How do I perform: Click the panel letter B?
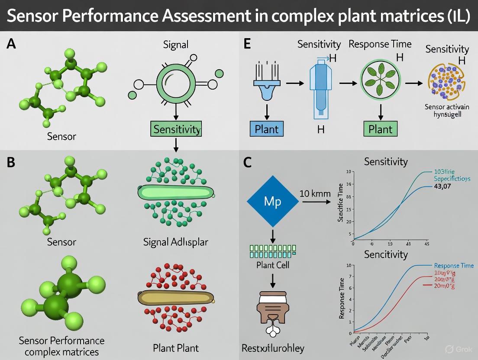point(12,163)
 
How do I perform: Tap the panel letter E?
point(248,44)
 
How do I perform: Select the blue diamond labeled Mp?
point(273,201)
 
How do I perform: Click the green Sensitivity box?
point(175,129)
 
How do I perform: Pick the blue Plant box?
point(266,129)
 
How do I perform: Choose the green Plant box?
point(380,129)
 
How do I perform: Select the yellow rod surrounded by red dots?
point(176,298)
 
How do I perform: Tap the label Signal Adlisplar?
point(175,242)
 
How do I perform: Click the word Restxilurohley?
point(272,348)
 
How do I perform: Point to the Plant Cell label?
point(273,264)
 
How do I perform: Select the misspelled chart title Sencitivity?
point(386,254)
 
